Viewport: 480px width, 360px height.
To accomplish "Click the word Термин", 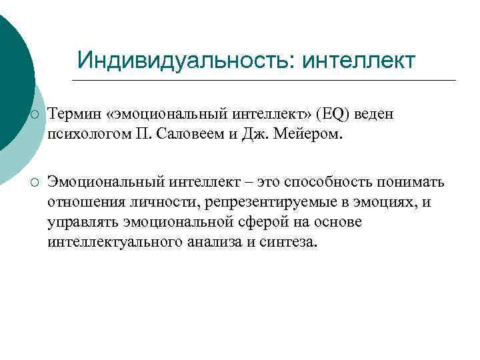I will [73, 115].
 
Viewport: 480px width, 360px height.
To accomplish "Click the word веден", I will [374, 115].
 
